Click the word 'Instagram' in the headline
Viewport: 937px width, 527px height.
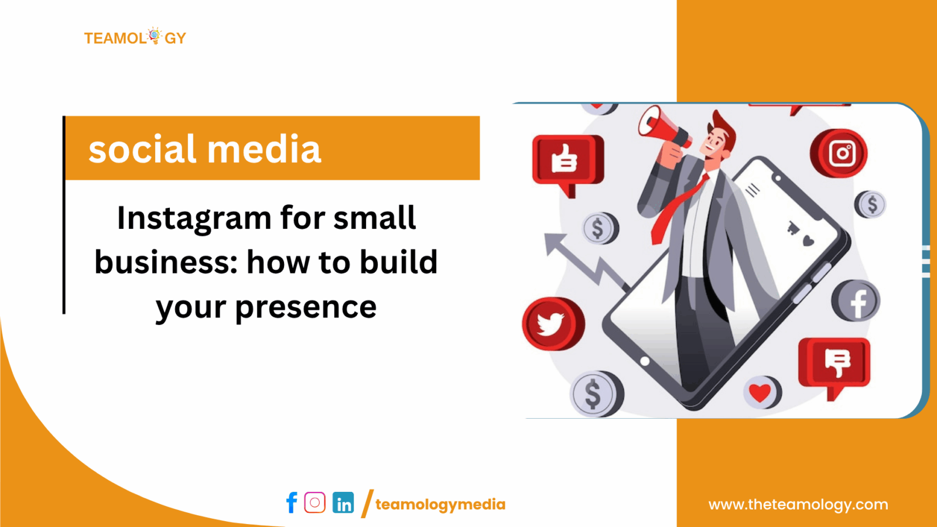click(x=194, y=219)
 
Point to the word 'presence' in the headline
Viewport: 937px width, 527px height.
click(x=305, y=307)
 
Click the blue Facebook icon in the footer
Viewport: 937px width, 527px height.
click(x=292, y=503)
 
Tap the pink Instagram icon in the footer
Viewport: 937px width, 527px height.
click(x=315, y=502)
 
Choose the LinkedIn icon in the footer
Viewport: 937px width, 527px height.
click(x=343, y=503)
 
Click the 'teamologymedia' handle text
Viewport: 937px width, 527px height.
click(x=440, y=504)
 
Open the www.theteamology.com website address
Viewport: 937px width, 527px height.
click(x=798, y=504)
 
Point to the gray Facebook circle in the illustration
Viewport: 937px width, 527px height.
click(x=856, y=302)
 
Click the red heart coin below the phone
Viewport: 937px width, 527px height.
click(x=761, y=392)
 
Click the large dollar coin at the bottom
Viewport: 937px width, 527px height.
click(x=594, y=394)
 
